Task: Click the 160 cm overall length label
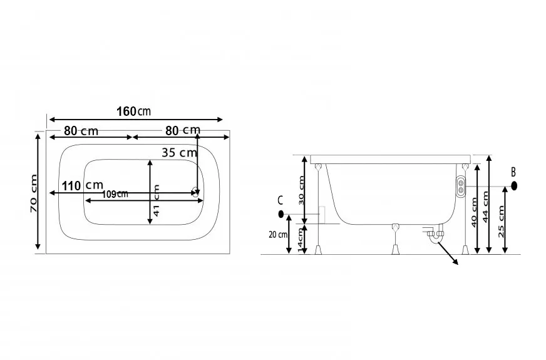tap(133, 111)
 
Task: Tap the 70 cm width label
tap(33, 193)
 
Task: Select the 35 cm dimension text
tap(179, 153)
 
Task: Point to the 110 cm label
tap(83, 185)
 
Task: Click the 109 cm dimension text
tap(115, 194)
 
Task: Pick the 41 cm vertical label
tap(157, 200)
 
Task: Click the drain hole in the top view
tap(196, 192)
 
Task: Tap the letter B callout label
tap(513, 172)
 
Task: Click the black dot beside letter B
tap(513, 186)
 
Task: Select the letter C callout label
tap(280, 200)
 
